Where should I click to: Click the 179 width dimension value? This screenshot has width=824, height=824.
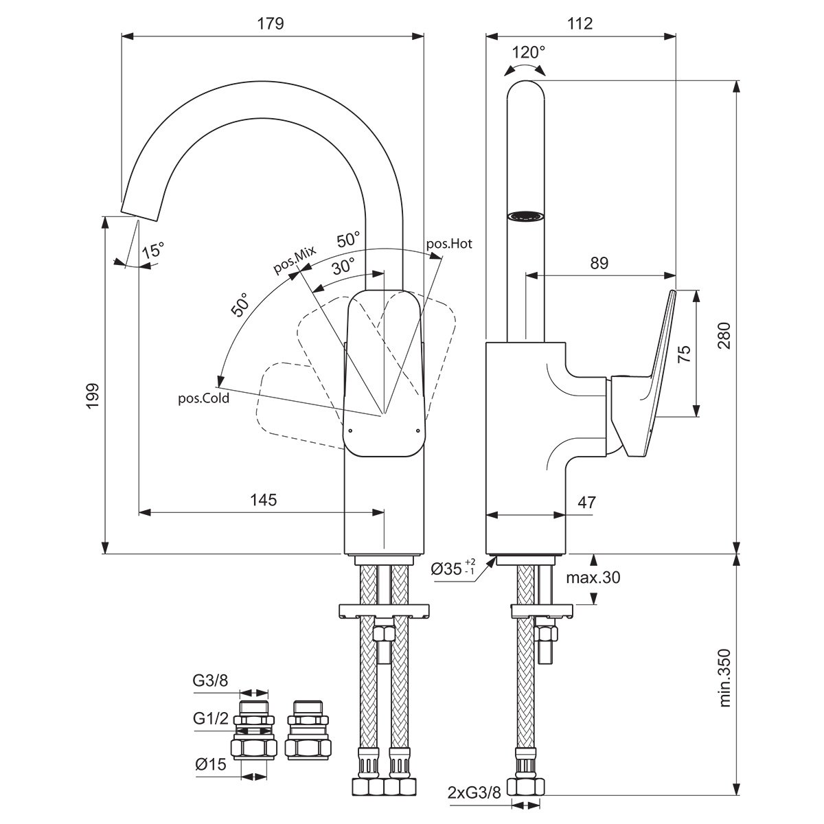click(x=271, y=24)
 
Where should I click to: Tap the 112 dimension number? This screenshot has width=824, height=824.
click(x=580, y=24)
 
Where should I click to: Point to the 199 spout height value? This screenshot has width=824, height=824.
click(x=93, y=396)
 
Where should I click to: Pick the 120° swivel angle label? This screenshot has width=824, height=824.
click(x=529, y=53)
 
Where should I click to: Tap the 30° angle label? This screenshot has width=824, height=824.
click(x=343, y=267)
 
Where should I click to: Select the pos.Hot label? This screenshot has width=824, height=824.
click(x=449, y=244)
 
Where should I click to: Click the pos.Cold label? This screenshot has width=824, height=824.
click(x=203, y=398)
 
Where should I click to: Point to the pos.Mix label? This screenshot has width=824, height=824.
click(x=295, y=260)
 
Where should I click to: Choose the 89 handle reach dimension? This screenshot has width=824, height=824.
click(x=599, y=263)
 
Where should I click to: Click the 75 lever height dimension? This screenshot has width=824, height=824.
click(x=684, y=353)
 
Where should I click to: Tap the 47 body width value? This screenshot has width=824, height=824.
click(x=586, y=502)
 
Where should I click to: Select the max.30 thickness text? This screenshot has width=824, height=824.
click(x=593, y=577)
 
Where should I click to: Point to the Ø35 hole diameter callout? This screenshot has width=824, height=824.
click(x=453, y=569)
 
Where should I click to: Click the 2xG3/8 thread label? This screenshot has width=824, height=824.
click(x=474, y=793)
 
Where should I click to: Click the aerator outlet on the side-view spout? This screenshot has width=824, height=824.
click(x=525, y=216)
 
